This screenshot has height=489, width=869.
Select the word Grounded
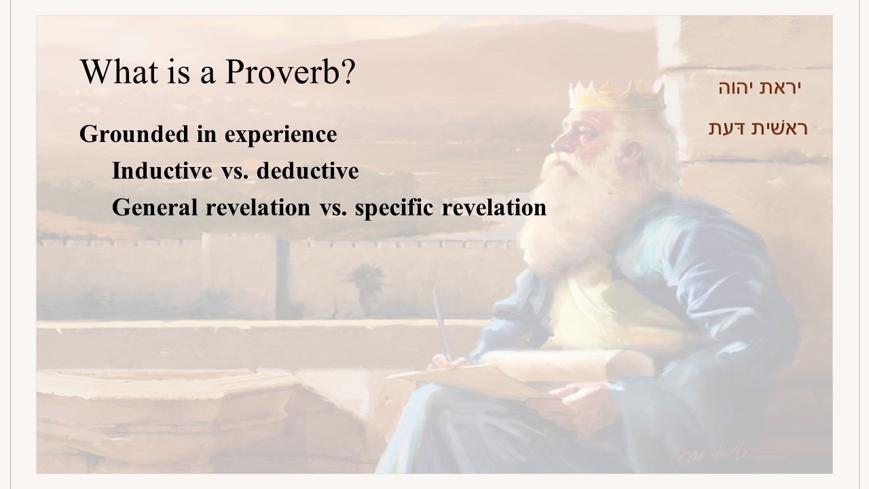pos(134,134)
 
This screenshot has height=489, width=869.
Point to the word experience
pos(281,136)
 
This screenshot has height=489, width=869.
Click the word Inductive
pos(162,170)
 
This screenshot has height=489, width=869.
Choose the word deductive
pos(308,170)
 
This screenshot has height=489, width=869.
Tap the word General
pos(155,207)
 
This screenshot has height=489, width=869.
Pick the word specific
pos(394,209)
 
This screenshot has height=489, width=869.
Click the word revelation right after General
pos(258,207)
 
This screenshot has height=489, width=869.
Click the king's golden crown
pos(617,96)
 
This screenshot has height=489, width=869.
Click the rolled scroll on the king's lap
pos(566,365)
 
